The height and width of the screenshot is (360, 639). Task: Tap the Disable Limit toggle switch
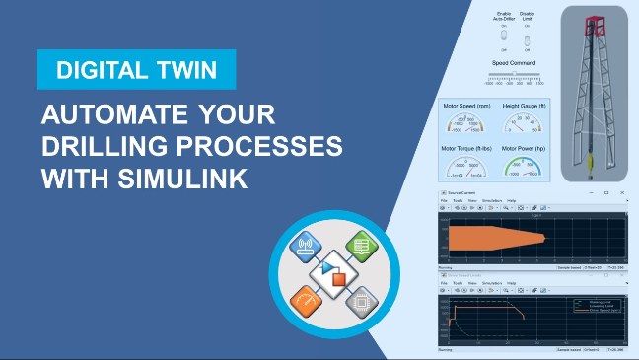527,39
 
